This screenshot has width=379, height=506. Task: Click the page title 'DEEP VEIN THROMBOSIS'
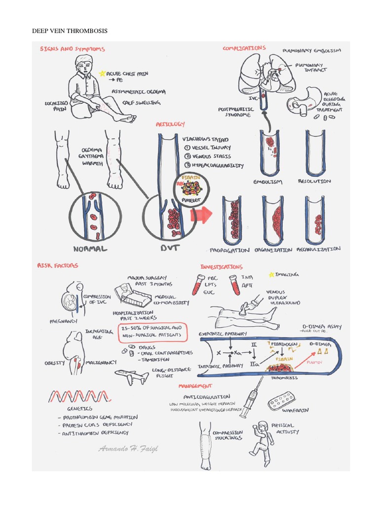tap(70, 31)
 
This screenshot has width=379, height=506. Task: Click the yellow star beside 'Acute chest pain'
tap(102, 73)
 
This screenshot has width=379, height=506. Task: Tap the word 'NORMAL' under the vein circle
tap(91, 248)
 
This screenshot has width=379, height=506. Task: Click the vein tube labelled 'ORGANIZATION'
tap(273, 220)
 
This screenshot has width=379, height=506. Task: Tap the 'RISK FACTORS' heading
tap(58, 265)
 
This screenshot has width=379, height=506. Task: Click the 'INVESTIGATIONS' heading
tap(222, 267)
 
